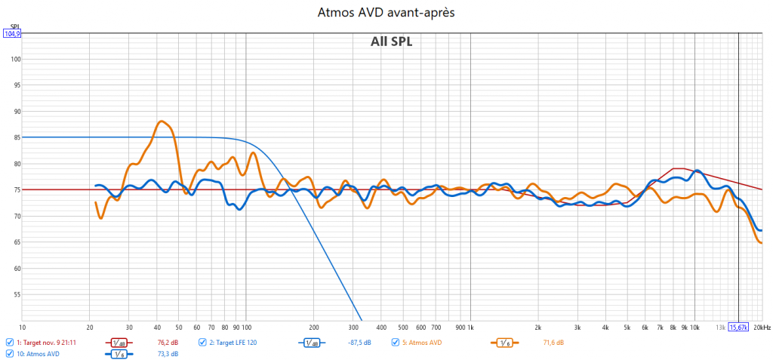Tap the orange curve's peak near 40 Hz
[x=161, y=121]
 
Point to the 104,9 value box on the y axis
[x=12, y=33]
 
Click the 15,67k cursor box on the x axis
[x=738, y=328]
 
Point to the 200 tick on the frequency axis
[x=313, y=328]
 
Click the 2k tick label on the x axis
[x=537, y=328]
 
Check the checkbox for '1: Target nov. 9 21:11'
[x=9, y=342]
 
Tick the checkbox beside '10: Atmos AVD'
[x=9, y=353]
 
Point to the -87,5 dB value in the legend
[x=360, y=343]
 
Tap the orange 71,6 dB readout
[x=553, y=343]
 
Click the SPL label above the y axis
[x=14, y=25]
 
